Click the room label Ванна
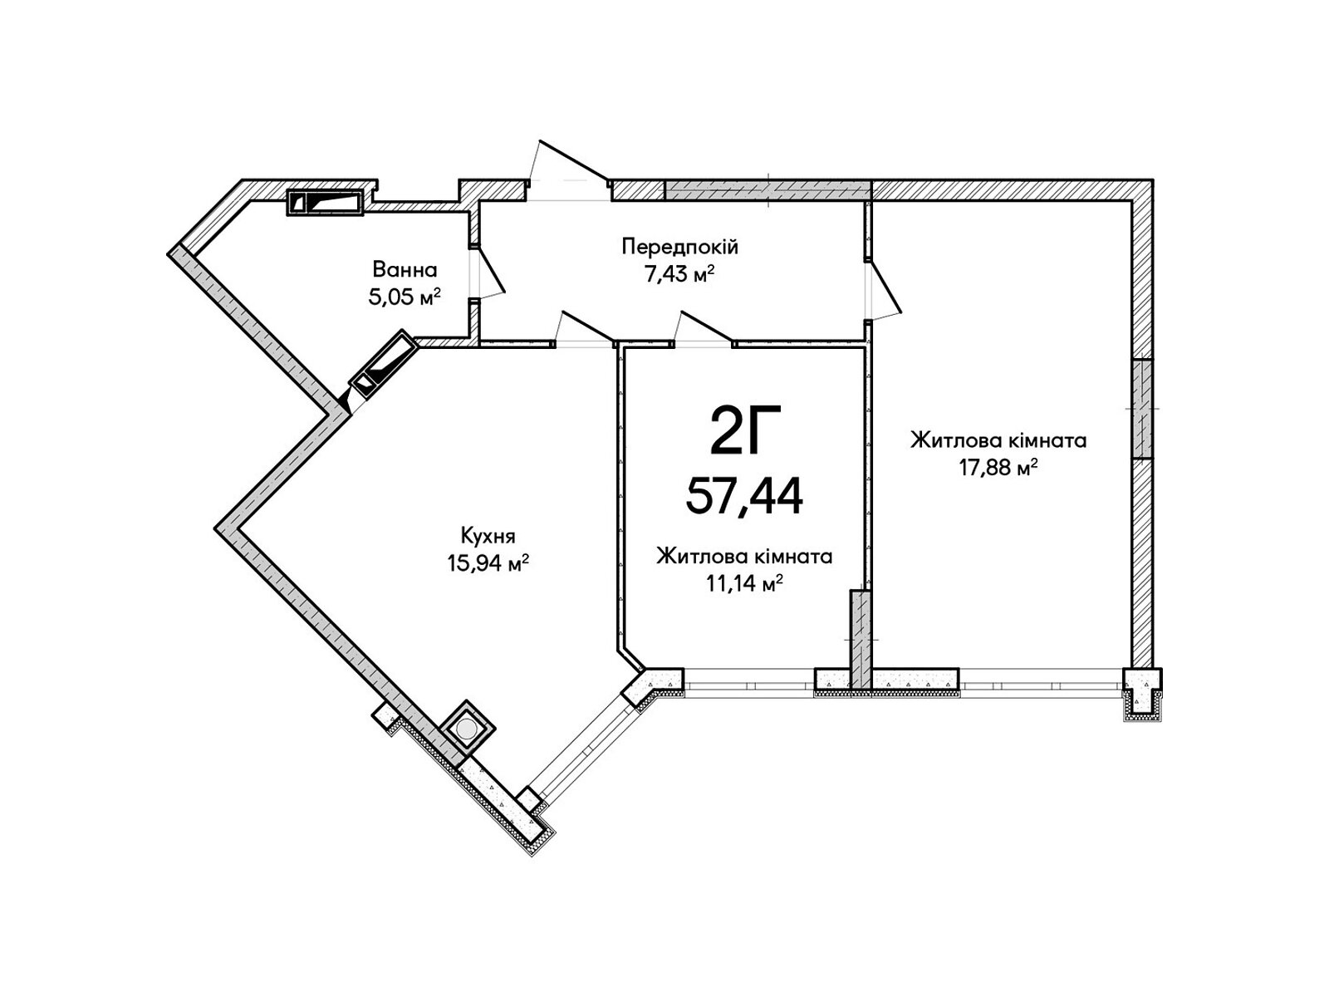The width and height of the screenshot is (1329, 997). point(405,269)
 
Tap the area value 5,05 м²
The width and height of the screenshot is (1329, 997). point(404,297)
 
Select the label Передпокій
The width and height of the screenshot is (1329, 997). point(680,248)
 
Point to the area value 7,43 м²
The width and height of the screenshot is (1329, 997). point(680,275)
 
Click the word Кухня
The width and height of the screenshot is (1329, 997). point(488,537)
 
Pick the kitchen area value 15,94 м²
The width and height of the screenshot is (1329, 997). point(488,563)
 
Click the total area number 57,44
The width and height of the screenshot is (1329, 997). point(744,494)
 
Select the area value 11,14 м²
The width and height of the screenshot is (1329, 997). point(744,583)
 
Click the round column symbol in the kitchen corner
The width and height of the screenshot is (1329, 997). point(466,729)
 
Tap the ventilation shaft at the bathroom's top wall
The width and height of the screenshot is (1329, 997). point(325,203)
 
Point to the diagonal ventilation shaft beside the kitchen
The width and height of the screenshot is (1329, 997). point(384,364)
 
